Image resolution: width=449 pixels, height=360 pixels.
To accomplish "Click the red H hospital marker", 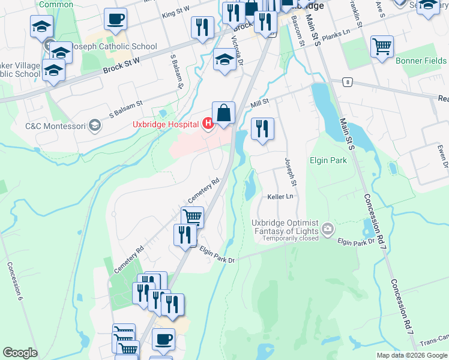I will (x=208, y=124).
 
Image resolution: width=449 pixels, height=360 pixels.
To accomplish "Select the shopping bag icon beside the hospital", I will (x=223, y=113).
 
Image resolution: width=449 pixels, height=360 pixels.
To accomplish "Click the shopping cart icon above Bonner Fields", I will (x=382, y=46).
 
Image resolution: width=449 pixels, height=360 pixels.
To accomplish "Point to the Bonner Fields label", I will (x=421, y=61).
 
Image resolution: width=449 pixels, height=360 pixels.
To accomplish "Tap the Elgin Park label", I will (x=328, y=160).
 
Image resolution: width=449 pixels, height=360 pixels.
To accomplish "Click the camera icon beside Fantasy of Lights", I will (x=328, y=228).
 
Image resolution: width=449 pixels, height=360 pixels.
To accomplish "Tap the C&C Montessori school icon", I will (x=94, y=125).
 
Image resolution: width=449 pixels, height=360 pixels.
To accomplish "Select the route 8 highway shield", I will (x=347, y=82).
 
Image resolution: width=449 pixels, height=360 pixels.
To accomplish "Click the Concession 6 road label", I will (x=15, y=281).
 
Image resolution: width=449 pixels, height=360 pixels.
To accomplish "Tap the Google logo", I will (x=20, y=353).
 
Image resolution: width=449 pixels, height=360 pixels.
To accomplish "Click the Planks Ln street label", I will (x=334, y=35).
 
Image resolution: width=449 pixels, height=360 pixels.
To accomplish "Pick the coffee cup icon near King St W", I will (x=115, y=19).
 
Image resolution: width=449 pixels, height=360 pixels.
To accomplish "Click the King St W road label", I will (x=175, y=10).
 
